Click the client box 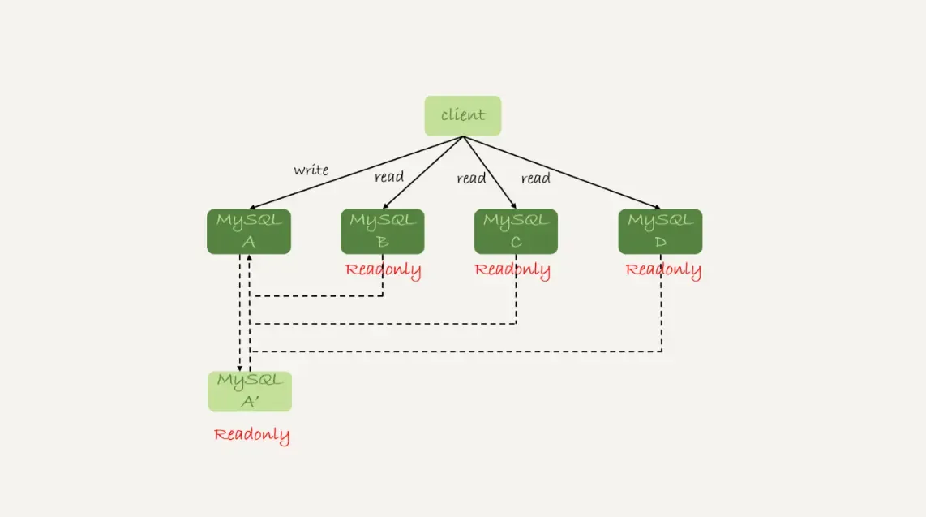click(463, 115)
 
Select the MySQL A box click(248, 231)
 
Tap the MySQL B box click(382, 231)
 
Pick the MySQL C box click(516, 231)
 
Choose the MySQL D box click(660, 231)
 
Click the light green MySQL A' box click(249, 391)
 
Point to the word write click(311, 170)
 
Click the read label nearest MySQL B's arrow click(389, 177)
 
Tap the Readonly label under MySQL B click(383, 270)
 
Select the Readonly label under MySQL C click(512, 270)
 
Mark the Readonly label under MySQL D click(663, 270)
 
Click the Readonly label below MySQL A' click(251, 435)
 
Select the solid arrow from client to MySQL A click(357, 172)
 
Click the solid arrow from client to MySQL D click(559, 172)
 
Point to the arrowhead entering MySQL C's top click(513, 205)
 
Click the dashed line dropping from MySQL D click(662, 308)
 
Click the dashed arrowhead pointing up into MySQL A click(250, 259)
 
